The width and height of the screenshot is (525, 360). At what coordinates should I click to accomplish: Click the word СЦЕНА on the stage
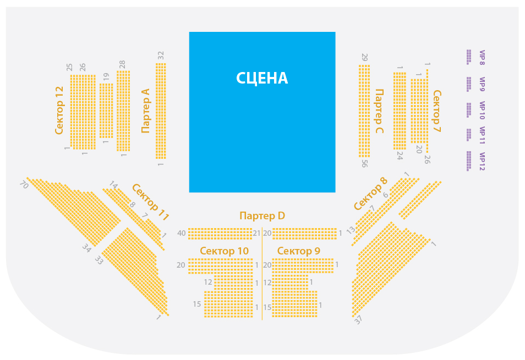pyautogui.click(x=262, y=78)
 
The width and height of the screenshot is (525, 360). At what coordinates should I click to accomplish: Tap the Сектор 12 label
pyautogui.click(x=59, y=110)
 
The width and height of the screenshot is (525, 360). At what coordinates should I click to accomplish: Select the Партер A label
pyautogui.click(x=146, y=110)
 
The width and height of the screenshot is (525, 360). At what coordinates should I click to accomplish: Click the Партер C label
pyautogui.click(x=379, y=111)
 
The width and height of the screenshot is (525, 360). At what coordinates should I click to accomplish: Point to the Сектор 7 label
pyautogui.click(x=436, y=111)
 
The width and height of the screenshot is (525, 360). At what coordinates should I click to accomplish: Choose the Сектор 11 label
pyautogui.click(x=150, y=202)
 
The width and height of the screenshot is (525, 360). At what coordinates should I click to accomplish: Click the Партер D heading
pyautogui.click(x=262, y=216)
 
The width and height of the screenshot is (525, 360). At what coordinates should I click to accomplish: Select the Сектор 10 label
pyautogui.click(x=225, y=251)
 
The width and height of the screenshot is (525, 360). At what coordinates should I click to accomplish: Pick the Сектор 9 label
pyautogui.click(x=299, y=251)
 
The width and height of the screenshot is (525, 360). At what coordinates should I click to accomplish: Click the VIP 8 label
pyautogui.click(x=482, y=58)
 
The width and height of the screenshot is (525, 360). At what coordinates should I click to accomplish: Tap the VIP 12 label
pyautogui.click(x=482, y=162)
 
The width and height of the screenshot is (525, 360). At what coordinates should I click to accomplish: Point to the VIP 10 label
pyautogui.click(x=482, y=110)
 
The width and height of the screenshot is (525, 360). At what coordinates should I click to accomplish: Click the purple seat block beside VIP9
pyautogui.click(x=469, y=84)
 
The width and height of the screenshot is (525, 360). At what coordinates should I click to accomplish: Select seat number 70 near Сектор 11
pyautogui.click(x=24, y=185)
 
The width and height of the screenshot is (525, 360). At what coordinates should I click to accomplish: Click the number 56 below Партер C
pyautogui.click(x=365, y=163)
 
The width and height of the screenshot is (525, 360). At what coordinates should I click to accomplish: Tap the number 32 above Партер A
pyautogui.click(x=161, y=56)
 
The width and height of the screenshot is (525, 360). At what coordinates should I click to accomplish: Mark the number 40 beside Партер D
pyautogui.click(x=182, y=233)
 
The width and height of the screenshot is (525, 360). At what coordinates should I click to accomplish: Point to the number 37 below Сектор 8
pyautogui.click(x=358, y=320)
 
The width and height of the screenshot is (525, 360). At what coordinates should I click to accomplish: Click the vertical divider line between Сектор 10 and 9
pyautogui.click(x=262, y=274)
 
